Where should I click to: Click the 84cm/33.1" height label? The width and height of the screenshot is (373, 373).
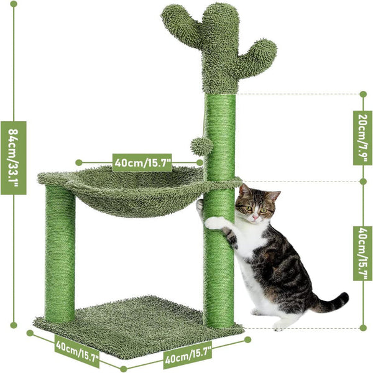click(13, 157)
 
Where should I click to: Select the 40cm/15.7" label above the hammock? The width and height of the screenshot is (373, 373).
click(142, 162)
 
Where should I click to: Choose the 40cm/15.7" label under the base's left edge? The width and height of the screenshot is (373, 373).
click(76, 353)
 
